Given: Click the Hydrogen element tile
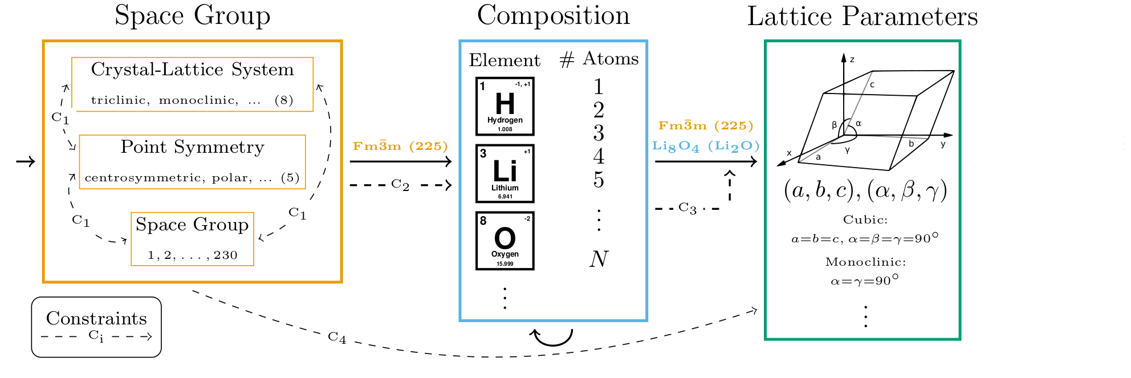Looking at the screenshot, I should [x=505, y=107].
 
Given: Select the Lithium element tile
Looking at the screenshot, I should [x=505, y=173].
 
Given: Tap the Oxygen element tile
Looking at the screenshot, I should [x=505, y=241].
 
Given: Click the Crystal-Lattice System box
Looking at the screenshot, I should [x=193, y=84].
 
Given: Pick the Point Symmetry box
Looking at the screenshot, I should [x=193, y=162].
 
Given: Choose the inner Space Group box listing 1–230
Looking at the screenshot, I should [x=193, y=239].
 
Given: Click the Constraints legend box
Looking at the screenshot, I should [x=96, y=327].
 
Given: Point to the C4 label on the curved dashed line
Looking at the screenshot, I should [x=337, y=338].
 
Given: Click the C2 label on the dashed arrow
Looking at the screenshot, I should [x=400, y=185].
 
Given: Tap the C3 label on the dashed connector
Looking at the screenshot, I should [x=687, y=208].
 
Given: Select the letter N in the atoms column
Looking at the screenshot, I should [x=599, y=259].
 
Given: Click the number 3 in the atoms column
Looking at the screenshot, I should [x=599, y=133].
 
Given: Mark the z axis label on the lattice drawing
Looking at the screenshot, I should [x=852, y=59].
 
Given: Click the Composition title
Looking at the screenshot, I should [x=553, y=15].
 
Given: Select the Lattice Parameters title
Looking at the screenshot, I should [x=862, y=17].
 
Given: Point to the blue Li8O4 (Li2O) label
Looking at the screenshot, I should [x=706, y=146].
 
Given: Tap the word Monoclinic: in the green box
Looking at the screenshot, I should [x=865, y=262].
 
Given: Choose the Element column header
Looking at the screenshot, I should [x=505, y=60].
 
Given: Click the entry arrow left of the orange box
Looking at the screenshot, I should [x=26, y=162].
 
